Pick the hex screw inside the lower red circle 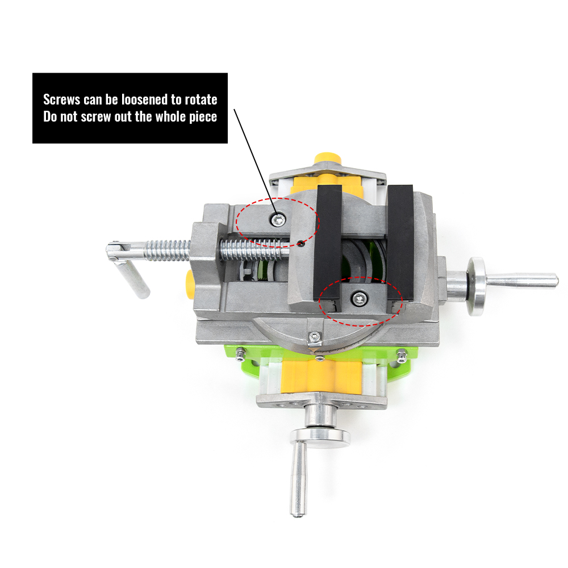coord(358,296)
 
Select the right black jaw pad coord(401,239)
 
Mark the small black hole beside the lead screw coord(300,245)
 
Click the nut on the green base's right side coord(402,357)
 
